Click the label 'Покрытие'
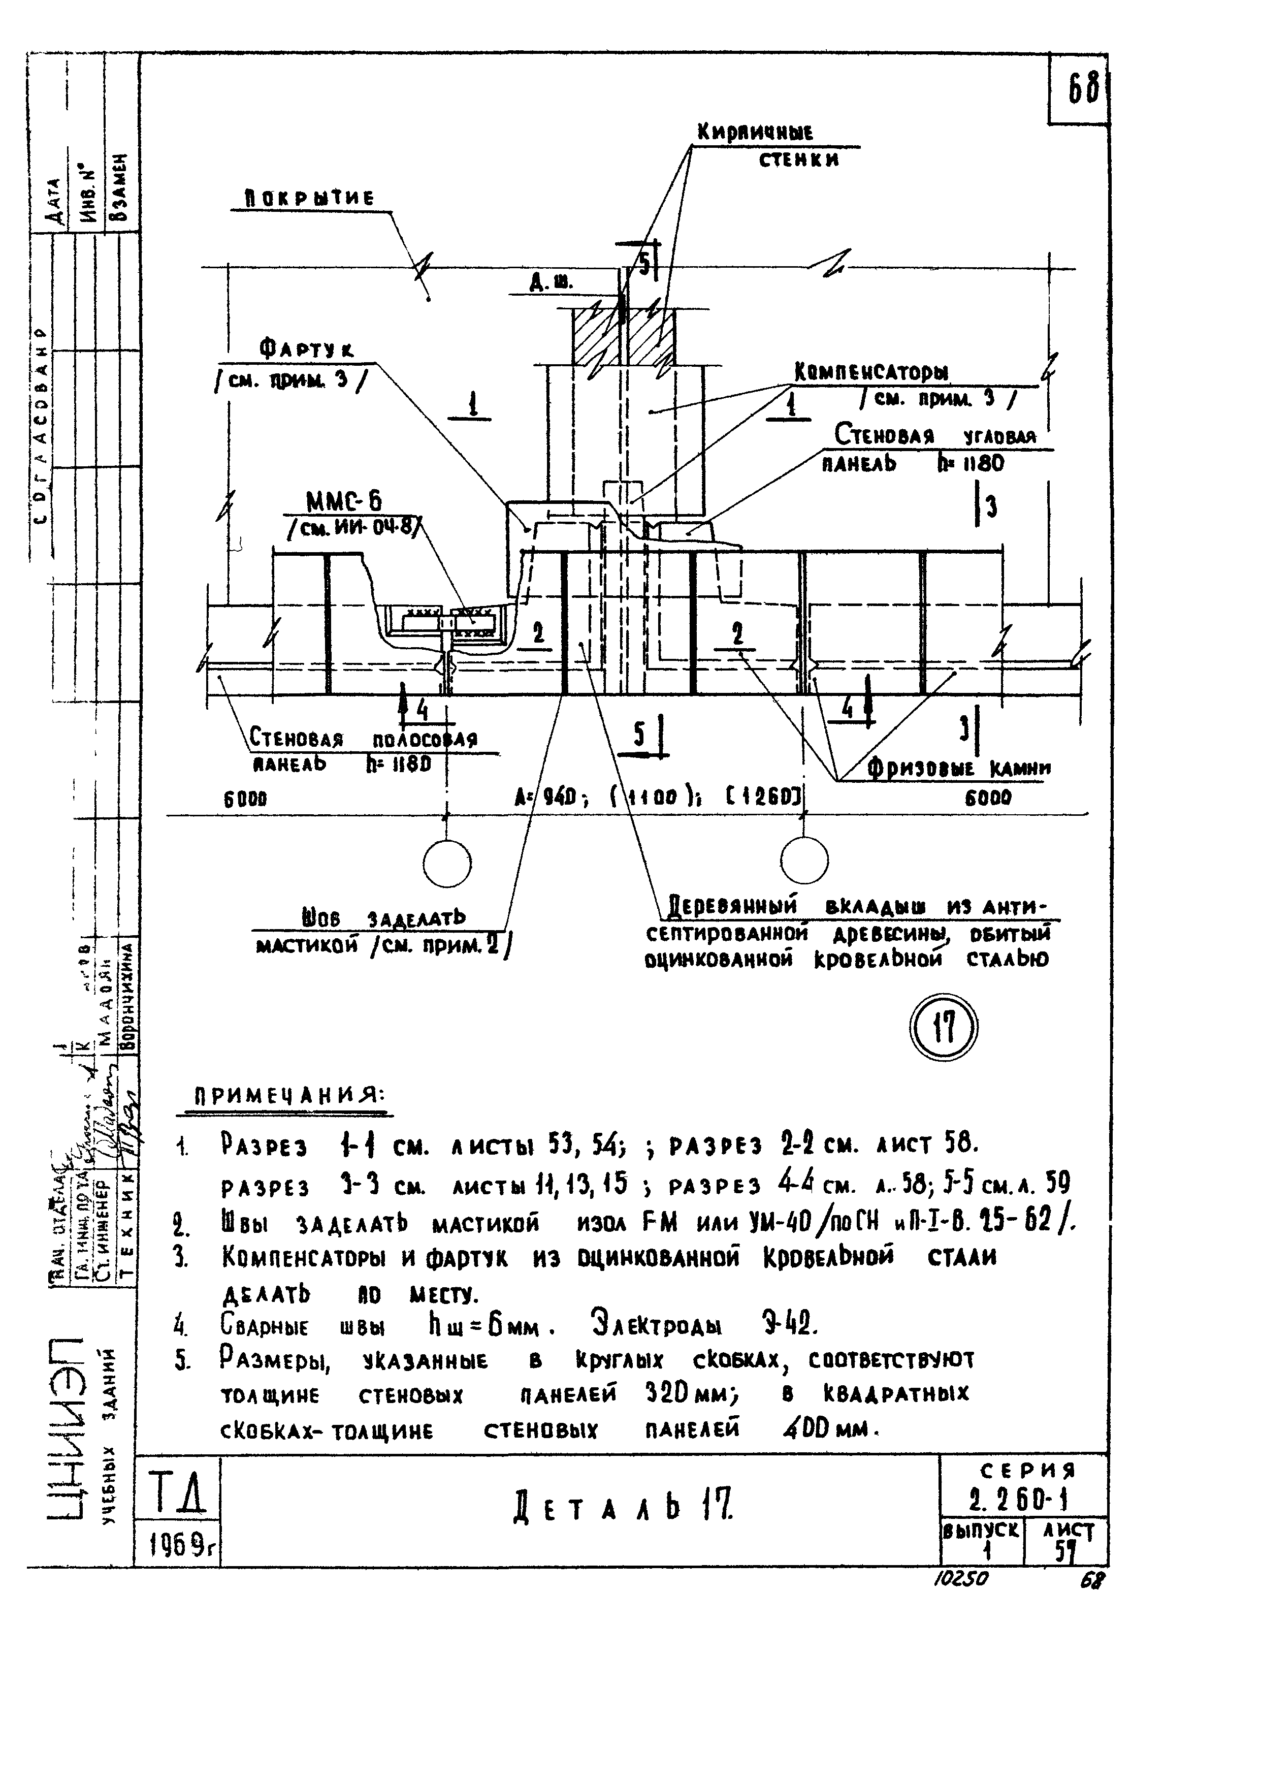309,199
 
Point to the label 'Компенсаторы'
871,373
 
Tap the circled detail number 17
943,1030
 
